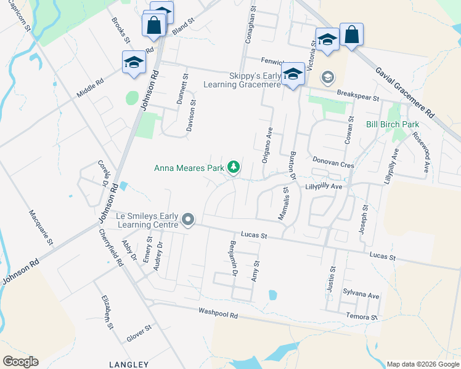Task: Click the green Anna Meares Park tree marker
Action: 234,167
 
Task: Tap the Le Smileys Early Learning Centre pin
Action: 189,220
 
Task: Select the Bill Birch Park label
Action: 393,125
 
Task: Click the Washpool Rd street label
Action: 218,312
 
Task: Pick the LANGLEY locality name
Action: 128,364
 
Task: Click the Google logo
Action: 20,362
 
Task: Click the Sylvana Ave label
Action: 361,295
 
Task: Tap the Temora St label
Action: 361,317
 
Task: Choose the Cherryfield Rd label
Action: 110,248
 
